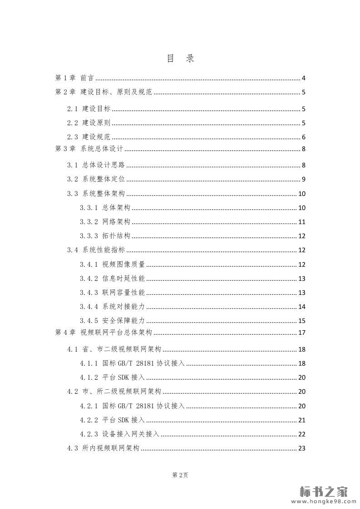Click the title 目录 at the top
click(x=180, y=59)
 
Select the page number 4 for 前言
click(x=303, y=78)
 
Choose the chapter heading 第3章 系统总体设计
click(x=89, y=149)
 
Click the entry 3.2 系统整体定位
click(x=96, y=179)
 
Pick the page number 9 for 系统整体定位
click(x=303, y=179)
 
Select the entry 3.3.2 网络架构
click(x=105, y=222)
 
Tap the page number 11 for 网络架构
click(x=302, y=222)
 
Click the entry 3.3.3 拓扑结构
click(x=105, y=236)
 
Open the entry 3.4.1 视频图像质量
click(x=112, y=264)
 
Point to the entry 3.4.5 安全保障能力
click(x=112, y=321)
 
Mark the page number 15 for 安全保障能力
click(x=302, y=321)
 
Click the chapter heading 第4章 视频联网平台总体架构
click(x=104, y=333)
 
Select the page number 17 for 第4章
click(x=302, y=333)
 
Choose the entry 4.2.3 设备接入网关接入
click(x=119, y=434)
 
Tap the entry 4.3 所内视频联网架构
click(x=103, y=448)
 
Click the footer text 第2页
click(x=180, y=475)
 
